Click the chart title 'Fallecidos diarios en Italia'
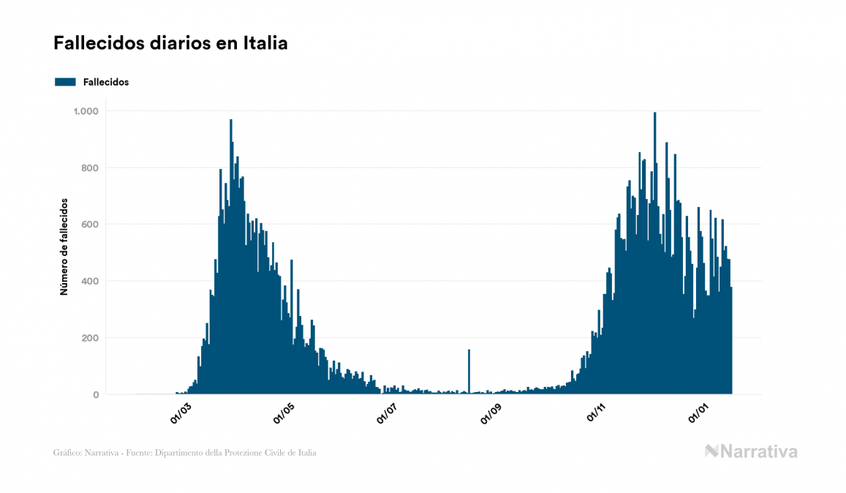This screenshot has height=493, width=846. pos(170,44)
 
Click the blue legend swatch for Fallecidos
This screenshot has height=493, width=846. pos(65,82)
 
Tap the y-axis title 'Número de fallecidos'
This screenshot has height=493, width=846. pos(64,246)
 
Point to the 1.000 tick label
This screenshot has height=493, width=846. pos(86,111)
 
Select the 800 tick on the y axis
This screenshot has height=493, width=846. pos(90,168)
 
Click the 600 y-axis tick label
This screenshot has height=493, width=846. pos(90,225)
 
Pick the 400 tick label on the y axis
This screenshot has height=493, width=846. pos(90,282)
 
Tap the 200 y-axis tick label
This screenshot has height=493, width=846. pos(90,338)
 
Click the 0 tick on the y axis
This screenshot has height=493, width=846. pos(96,395)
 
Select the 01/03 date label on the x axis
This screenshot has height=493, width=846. pos(181,413)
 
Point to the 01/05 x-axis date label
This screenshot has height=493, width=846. pos(284,413)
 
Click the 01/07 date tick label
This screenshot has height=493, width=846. pos(388,413)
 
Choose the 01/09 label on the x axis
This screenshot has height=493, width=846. pos(491,413)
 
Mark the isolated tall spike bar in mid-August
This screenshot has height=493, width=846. pos(469,373)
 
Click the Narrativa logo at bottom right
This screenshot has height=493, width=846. pos(751,451)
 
